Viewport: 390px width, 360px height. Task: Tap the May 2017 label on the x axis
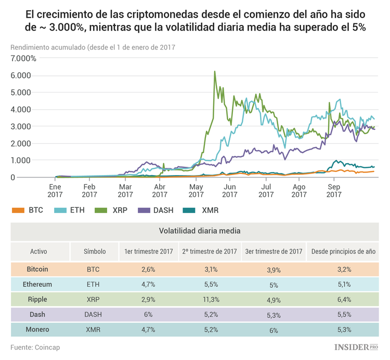click(196, 191)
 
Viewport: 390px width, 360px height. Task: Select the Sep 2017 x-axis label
click(334, 191)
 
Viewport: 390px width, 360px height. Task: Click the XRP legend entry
click(113, 210)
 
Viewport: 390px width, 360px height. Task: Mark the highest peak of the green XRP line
click(215, 72)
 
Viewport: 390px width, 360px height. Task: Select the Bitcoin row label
click(38, 269)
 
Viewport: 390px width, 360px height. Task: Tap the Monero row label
click(38, 329)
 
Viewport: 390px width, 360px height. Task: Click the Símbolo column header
click(95, 251)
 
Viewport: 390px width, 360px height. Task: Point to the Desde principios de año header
click(343, 251)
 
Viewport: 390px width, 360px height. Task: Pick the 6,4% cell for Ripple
click(343, 299)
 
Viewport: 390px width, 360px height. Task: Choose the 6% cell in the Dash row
click(148, 314)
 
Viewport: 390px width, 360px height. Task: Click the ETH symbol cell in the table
click(95, 284)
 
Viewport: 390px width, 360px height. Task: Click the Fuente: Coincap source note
click(35, 346)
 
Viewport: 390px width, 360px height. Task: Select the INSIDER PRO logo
click(356, 346)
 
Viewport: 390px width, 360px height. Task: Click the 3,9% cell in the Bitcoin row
click(274, 269)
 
